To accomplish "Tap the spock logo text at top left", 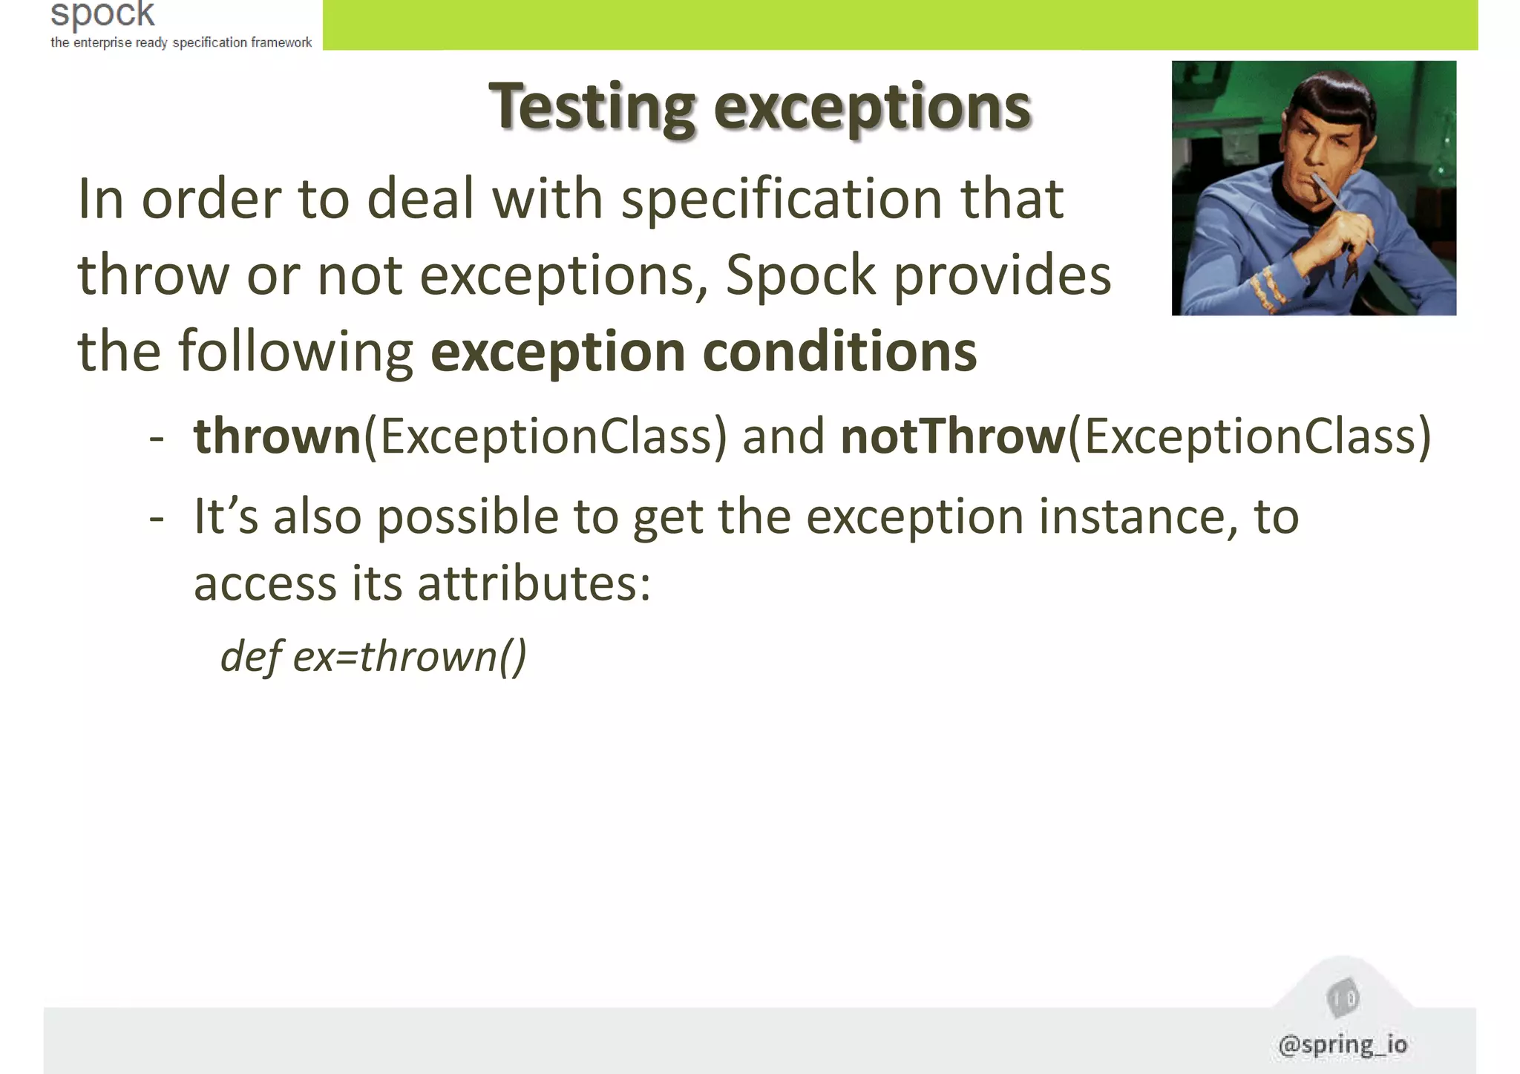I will (102, 13).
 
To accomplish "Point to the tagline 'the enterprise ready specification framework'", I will (181, 42).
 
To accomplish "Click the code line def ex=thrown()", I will (373, 656).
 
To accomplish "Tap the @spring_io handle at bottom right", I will (1343, 1044).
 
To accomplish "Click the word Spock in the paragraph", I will (800, 275).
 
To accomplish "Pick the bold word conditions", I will (839, 352).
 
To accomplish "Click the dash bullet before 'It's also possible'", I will (156, 517).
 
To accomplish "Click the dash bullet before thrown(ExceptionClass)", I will (156, 438).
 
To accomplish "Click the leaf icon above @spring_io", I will (1342, 999).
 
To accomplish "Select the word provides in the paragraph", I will (1002, 275).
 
